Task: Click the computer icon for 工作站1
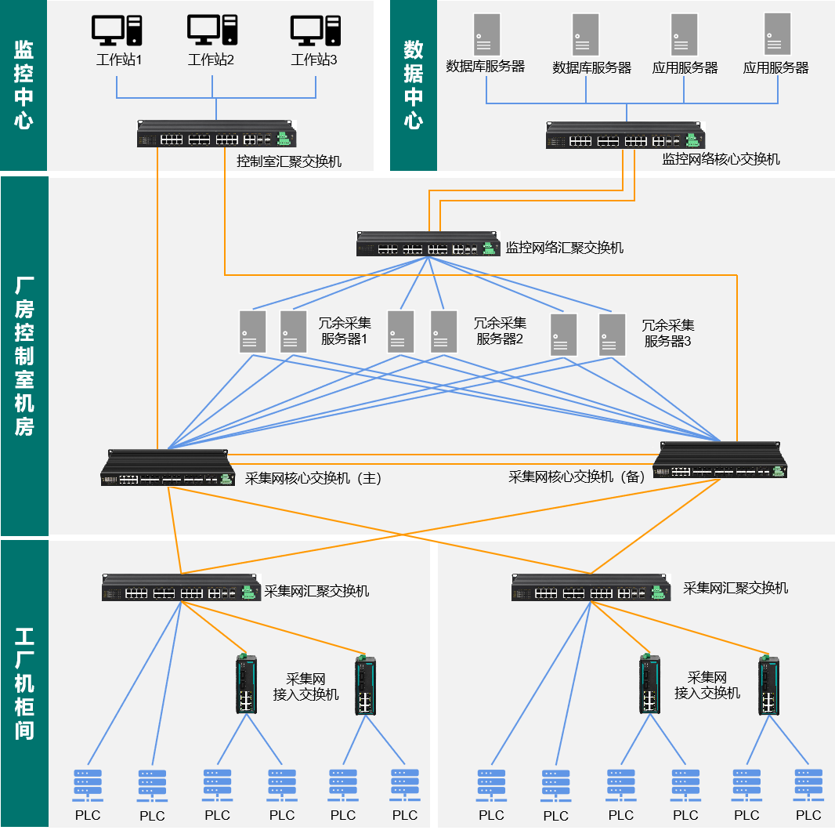117,31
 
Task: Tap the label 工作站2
211,60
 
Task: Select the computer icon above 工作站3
315,31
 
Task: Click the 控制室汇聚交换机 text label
289,161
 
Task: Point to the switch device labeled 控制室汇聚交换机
217,134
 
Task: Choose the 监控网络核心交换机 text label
721,159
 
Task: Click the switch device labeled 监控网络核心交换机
626,136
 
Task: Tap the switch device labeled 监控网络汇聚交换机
428,244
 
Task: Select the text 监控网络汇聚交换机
565,248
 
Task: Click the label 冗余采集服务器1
345,331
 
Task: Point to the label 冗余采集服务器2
500,331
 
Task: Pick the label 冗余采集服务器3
668,333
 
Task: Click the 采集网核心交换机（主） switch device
168,468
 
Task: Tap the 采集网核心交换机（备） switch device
720,460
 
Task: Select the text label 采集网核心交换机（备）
577,477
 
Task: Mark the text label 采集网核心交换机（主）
313,478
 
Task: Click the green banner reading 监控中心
23,85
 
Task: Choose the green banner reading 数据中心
414,85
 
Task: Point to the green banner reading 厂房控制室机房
24,356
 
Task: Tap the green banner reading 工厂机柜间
24,683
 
